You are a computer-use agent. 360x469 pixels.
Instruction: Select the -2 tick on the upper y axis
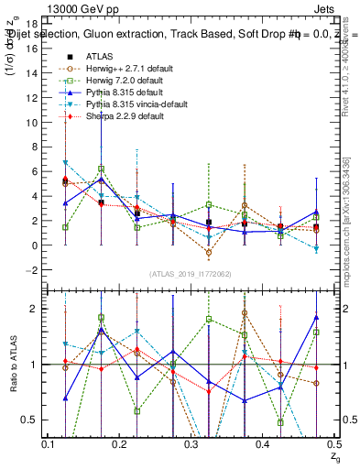coord(32,270)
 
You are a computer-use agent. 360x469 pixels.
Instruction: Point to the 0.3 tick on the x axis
coord(190,444)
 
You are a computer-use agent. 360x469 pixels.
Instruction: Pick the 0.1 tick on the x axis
coord(48,444)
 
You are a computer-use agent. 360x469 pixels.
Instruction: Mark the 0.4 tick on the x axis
coord(261,444)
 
